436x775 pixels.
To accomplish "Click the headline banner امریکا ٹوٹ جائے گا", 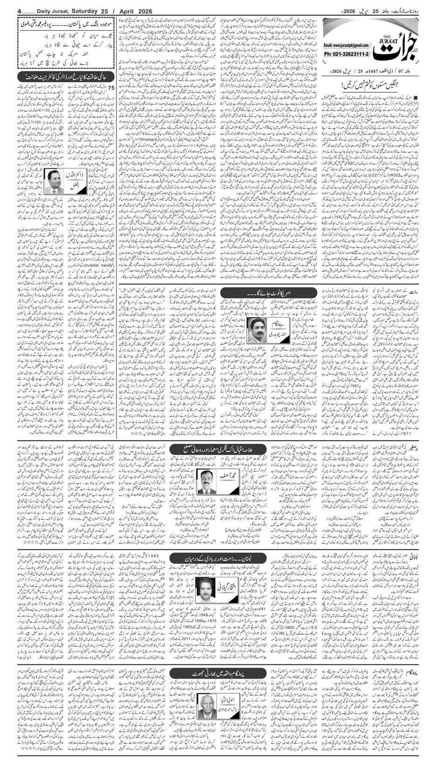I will (x=252, y=292).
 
